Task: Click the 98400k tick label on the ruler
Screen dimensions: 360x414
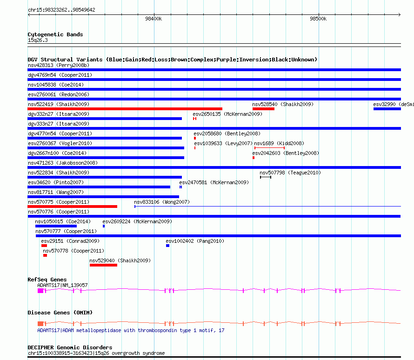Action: (x=154, y=19)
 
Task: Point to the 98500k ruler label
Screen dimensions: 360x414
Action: (x=318, y=19)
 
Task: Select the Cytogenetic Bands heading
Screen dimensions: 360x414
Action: (x=55, y=34)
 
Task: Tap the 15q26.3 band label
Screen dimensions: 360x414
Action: (x=38, y=40)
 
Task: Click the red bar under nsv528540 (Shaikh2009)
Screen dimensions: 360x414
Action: (x=263, y=109)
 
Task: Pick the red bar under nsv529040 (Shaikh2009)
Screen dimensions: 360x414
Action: (x=103, y=265)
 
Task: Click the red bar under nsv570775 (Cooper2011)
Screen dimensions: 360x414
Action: (x=72, y=207)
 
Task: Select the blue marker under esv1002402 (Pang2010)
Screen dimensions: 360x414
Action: (x=167, y=246)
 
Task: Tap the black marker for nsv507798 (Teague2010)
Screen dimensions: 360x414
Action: (x=265, y=177)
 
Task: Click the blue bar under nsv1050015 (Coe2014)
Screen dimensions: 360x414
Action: (x=56, y=226)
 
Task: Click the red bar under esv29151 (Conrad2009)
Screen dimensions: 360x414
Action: (x=44, y=246)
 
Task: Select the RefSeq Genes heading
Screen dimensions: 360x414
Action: (x=47, y=280)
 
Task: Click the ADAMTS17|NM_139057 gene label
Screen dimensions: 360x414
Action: (x=62, y=285)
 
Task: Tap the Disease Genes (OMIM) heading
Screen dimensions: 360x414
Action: (x=60, y=313)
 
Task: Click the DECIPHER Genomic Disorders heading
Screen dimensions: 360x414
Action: (x=70, y=347)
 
